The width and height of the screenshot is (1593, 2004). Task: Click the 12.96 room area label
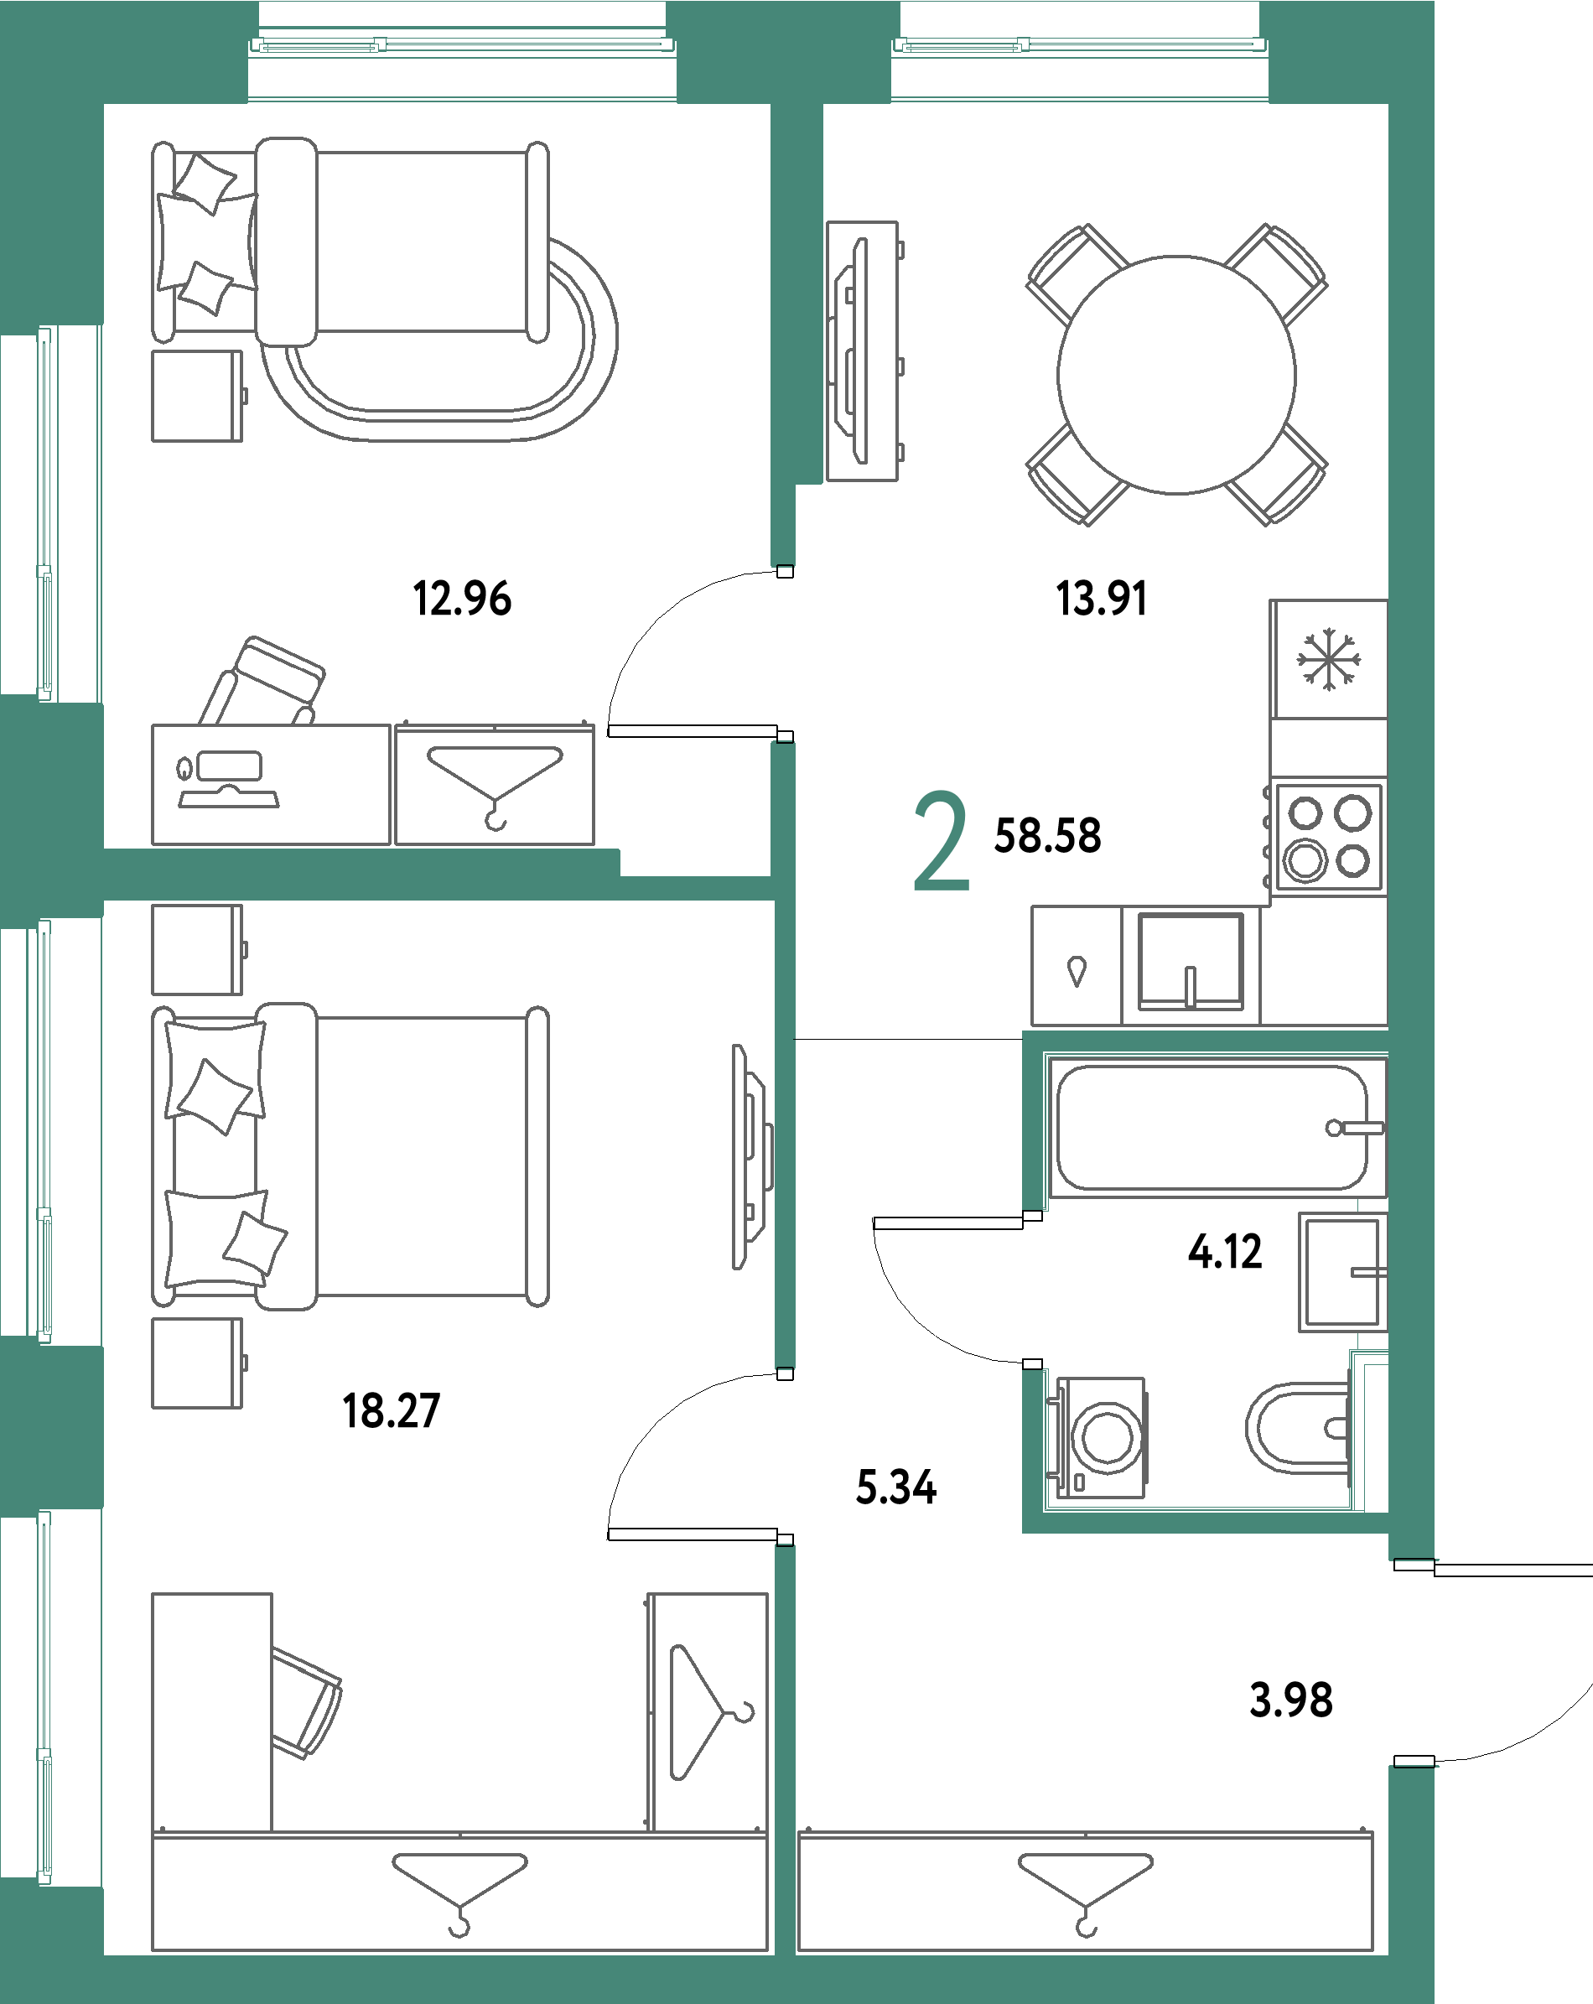tap(462, 598)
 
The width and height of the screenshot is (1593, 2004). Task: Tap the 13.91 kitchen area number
tap(1102, 598)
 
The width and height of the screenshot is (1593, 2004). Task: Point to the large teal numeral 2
tap(941, 841)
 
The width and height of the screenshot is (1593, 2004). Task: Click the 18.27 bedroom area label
tap(392, 1410)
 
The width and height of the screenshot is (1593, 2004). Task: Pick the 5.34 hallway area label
tap(895, 1487)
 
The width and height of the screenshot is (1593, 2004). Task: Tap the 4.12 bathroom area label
tap(1225, 1251)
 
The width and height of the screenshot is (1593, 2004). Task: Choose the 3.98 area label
tap(1291, 1699)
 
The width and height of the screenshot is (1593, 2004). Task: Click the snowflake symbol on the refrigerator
tap(1328, 659)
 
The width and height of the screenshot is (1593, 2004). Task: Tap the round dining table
tap(1175, 375)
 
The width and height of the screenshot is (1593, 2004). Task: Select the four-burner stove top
tap(1328, 838)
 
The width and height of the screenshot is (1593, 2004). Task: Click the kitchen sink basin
tap(1191, 961)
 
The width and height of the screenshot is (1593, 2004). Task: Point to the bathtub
tap(1212, 1127)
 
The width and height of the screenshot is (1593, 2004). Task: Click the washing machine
tap(1103, 1437)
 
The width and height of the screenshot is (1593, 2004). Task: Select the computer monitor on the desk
tap(229, 768)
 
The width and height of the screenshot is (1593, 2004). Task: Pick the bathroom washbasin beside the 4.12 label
tap(1342, 1270)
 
